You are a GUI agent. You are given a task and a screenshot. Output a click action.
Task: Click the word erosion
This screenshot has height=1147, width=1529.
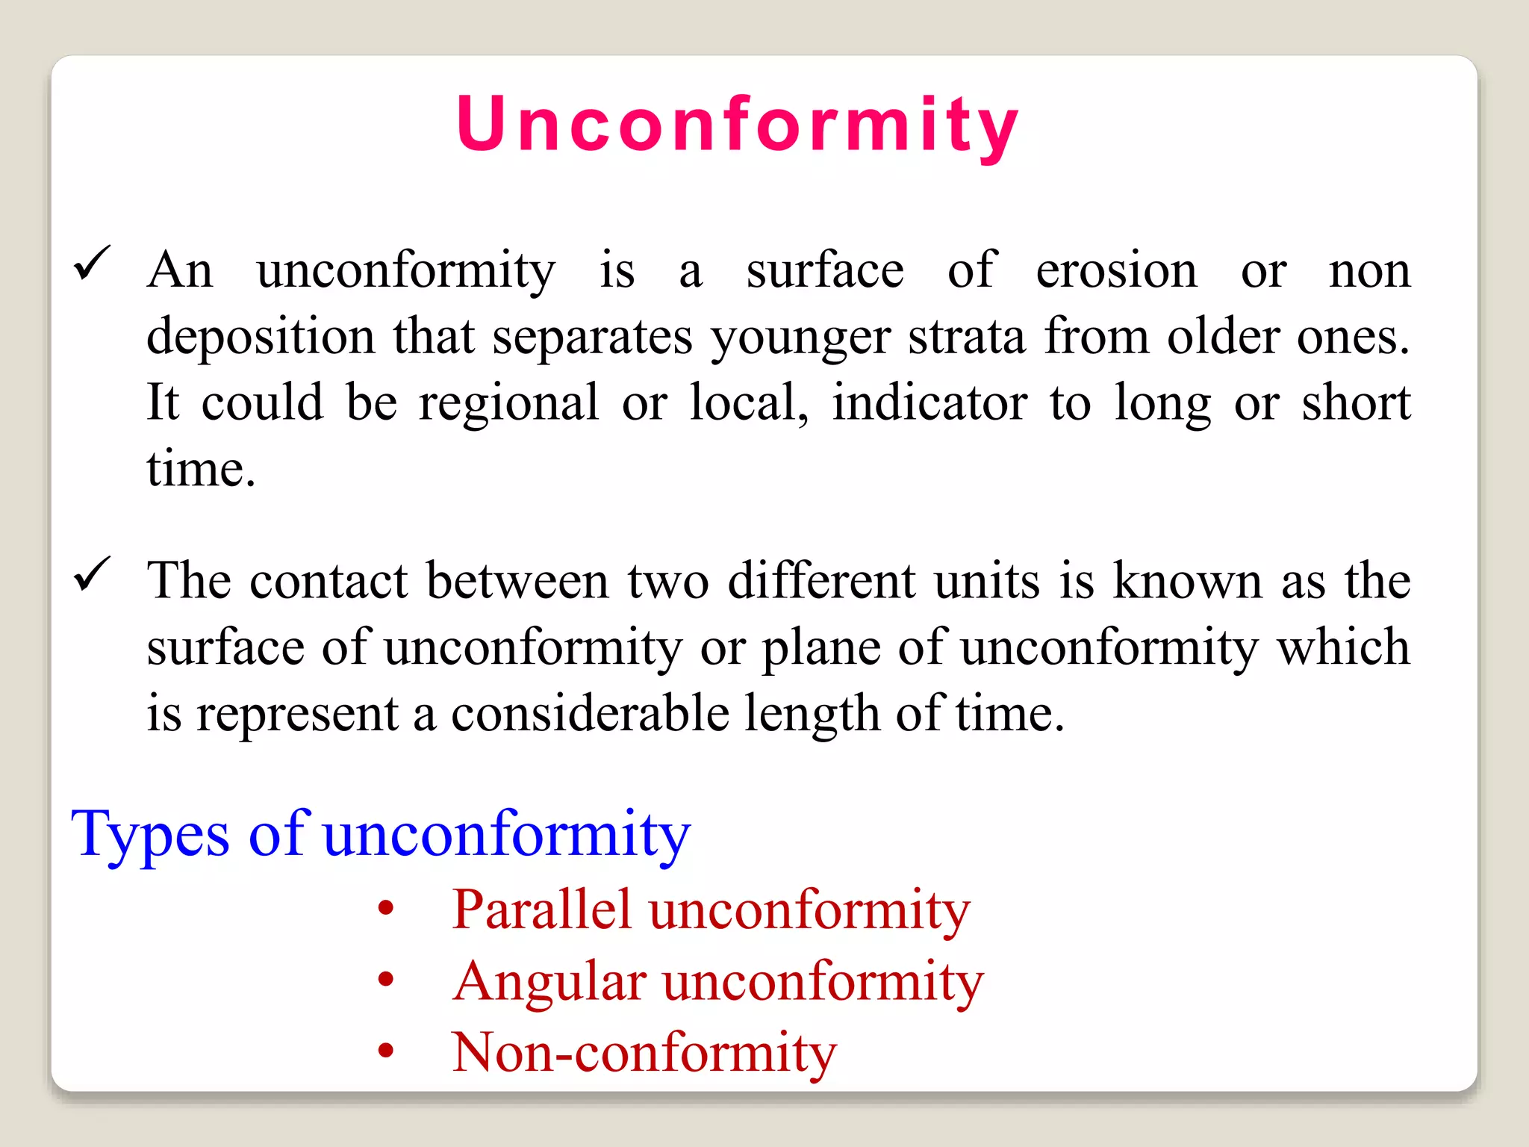1116,270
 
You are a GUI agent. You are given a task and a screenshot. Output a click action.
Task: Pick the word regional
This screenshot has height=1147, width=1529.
508,404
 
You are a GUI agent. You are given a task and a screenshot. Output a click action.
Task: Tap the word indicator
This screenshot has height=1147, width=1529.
929,402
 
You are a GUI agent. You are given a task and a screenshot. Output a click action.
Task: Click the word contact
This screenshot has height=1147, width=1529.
328,581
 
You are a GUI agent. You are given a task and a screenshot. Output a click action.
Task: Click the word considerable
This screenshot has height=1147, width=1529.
590,714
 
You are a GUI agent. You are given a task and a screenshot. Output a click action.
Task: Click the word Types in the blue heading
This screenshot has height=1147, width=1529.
150,835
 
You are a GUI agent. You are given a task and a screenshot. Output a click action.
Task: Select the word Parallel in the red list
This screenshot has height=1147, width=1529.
542,910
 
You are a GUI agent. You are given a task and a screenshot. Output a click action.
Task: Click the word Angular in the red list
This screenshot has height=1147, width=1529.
549,981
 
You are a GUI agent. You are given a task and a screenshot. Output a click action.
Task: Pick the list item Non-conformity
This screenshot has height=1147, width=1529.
644,1051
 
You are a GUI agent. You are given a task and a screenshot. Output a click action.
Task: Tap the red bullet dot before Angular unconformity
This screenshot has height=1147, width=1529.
386,979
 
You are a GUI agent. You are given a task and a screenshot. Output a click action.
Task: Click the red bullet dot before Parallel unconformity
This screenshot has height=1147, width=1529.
386,908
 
